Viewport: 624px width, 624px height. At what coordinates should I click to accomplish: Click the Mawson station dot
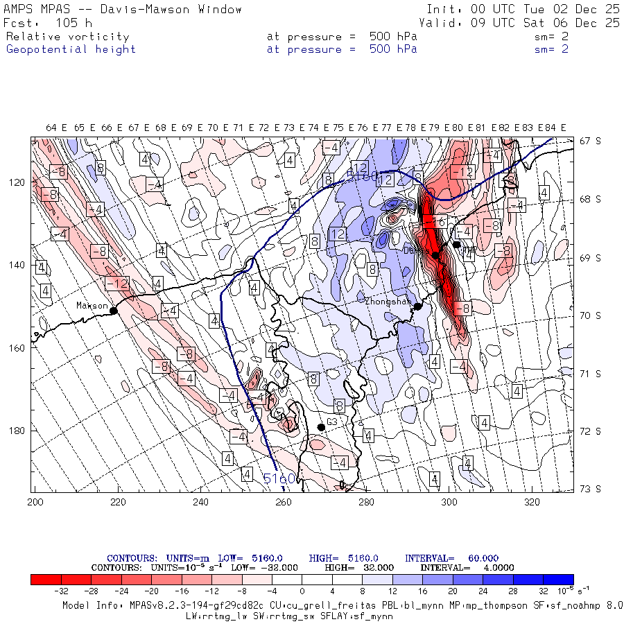[x=114, y=311]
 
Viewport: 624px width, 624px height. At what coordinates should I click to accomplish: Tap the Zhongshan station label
[x=388, y=302]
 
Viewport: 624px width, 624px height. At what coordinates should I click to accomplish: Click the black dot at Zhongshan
[x=418, y=306]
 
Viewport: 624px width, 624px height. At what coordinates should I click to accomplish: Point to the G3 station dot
[x=321, y=427]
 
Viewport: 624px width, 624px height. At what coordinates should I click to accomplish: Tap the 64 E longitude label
[x=56, y=128]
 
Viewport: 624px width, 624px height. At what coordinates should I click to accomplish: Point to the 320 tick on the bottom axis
[x=532, y=501]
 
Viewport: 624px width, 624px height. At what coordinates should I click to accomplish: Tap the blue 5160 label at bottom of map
[x=279, y=478]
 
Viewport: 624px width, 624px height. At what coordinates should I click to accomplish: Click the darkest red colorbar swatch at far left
[x=46, y=580]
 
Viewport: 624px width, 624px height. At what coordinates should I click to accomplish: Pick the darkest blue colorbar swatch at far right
[x=558, y=580]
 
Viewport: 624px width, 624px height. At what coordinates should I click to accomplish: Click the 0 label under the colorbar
[x=302, y=591]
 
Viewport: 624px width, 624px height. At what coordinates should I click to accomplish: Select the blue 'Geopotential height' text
[x=71, y=49]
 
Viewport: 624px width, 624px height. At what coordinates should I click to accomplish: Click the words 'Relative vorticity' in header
[x=67, y=37]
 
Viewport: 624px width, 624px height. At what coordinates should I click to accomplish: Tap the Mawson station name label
[x=92, y=305]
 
